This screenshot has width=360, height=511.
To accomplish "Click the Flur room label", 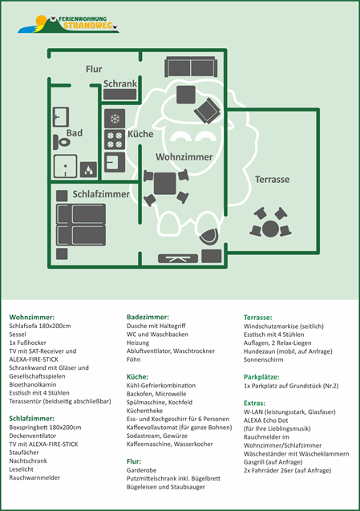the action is click(94, 69).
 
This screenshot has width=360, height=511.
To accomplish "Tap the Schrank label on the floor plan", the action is click(120, 83).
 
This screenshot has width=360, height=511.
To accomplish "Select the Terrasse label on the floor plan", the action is click(272, 179).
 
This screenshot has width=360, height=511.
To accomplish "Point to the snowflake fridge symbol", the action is click(115, 119).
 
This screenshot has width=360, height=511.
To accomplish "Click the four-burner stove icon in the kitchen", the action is click(115, 140).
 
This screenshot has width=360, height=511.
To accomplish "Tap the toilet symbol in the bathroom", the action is click(62, 142).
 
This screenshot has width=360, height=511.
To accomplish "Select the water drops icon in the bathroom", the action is click(88, 170).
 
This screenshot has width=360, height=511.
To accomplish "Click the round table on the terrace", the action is click(270, 229).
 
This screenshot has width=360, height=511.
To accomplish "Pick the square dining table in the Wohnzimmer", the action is click(165, 184).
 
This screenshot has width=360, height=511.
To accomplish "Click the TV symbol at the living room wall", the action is click(178, 259).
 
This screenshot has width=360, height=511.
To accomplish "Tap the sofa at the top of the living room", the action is click(191, 67).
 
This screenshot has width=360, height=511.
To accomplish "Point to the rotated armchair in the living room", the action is click(207, 111).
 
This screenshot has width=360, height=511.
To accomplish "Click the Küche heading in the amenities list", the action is click(137, 377).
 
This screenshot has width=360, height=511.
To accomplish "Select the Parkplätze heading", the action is click(261, 377).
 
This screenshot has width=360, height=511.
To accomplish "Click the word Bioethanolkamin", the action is click(33, 384).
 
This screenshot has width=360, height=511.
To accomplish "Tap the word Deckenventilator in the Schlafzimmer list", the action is click(33, 436).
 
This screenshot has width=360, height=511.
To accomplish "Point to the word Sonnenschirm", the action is click(263, 359).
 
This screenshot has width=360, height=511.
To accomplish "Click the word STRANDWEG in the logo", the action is click(88, 26).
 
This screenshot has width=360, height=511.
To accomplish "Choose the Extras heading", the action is click(254, 404).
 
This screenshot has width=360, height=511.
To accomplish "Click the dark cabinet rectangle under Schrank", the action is click(120, 95).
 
